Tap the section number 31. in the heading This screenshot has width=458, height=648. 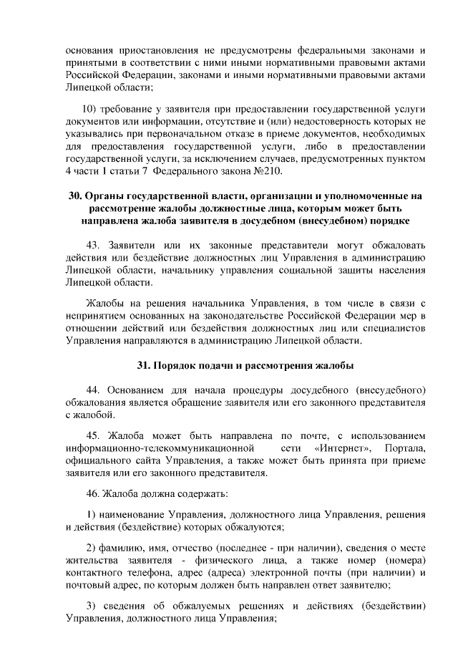(x=145, y=365)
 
